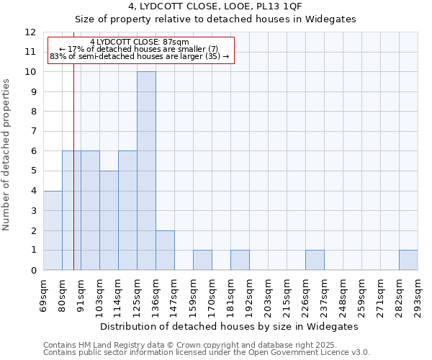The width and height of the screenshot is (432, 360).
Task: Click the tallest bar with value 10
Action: pos(146,171)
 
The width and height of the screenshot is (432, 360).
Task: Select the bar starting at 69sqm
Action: pos(53,230)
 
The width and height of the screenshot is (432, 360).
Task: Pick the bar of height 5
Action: pos(109,220)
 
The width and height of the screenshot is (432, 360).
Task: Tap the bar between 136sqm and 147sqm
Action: pos(165,250)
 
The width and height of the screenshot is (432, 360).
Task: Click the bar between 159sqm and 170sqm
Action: pos(202,260)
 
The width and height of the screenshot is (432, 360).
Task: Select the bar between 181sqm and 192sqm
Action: pos(240,260)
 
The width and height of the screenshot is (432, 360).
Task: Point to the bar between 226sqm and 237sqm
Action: pos(315,260)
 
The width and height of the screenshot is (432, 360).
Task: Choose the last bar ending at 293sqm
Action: pos(408,260)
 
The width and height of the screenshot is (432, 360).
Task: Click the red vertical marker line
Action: pos(73,180)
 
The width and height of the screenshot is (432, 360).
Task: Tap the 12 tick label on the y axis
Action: pos(30,32)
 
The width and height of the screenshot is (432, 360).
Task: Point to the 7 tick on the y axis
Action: pos(33,132)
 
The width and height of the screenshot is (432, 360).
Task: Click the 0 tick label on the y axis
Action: pos(33,271)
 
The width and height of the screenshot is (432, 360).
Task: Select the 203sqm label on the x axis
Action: pos(268,292)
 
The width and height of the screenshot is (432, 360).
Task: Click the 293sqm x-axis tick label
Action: pos(418,292)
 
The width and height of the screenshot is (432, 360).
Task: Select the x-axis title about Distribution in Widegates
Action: pos(229,326)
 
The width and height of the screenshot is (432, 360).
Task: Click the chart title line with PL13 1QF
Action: pos(216,6)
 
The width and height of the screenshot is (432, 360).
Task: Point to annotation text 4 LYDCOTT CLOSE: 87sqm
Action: pos(140,42)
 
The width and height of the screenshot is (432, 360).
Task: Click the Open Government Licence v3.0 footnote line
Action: pos(207,353)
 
